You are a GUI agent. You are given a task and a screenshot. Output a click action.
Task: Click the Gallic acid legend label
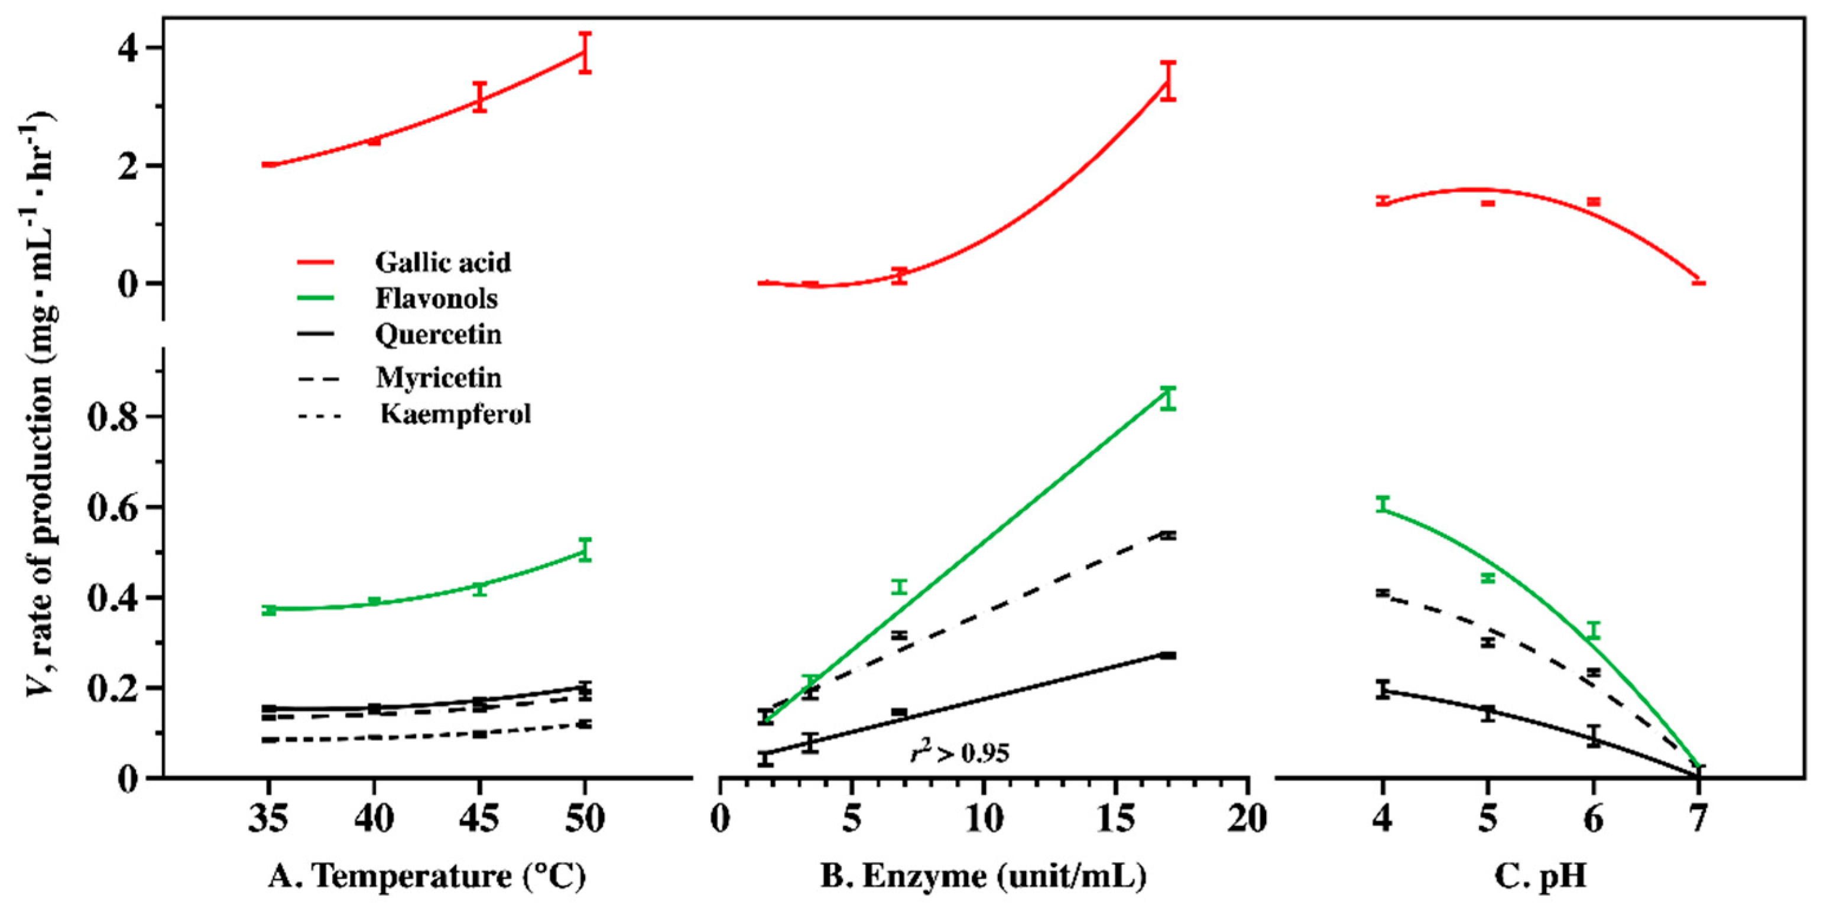pos(443,263)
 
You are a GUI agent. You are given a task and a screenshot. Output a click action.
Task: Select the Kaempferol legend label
pos(455,414)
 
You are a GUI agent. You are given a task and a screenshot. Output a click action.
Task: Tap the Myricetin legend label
pos(439,377)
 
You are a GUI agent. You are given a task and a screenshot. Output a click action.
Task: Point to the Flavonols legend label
pos(436,299)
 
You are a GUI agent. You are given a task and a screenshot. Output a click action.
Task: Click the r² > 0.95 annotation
pos(960,753)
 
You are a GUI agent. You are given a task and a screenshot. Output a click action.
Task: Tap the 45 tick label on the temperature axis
pos(479,819)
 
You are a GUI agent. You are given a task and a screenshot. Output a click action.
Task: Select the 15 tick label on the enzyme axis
pos(1115,819)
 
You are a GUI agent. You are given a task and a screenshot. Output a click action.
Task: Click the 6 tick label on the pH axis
pos(1594,819)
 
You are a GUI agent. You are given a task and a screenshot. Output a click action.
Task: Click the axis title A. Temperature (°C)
pos(427,876)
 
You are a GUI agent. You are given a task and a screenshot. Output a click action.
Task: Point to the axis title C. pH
pos(1540,876)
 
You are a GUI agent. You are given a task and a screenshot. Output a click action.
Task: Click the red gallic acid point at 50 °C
pos(585,53)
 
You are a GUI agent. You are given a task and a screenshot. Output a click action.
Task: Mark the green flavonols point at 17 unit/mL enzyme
pos(1169,398)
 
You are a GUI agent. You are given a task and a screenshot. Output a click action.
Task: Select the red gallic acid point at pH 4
pos(1383,201)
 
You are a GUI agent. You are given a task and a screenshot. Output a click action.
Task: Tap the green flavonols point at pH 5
pos(1488,578)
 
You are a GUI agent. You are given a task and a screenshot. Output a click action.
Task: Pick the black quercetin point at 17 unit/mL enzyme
pos(1169,655)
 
